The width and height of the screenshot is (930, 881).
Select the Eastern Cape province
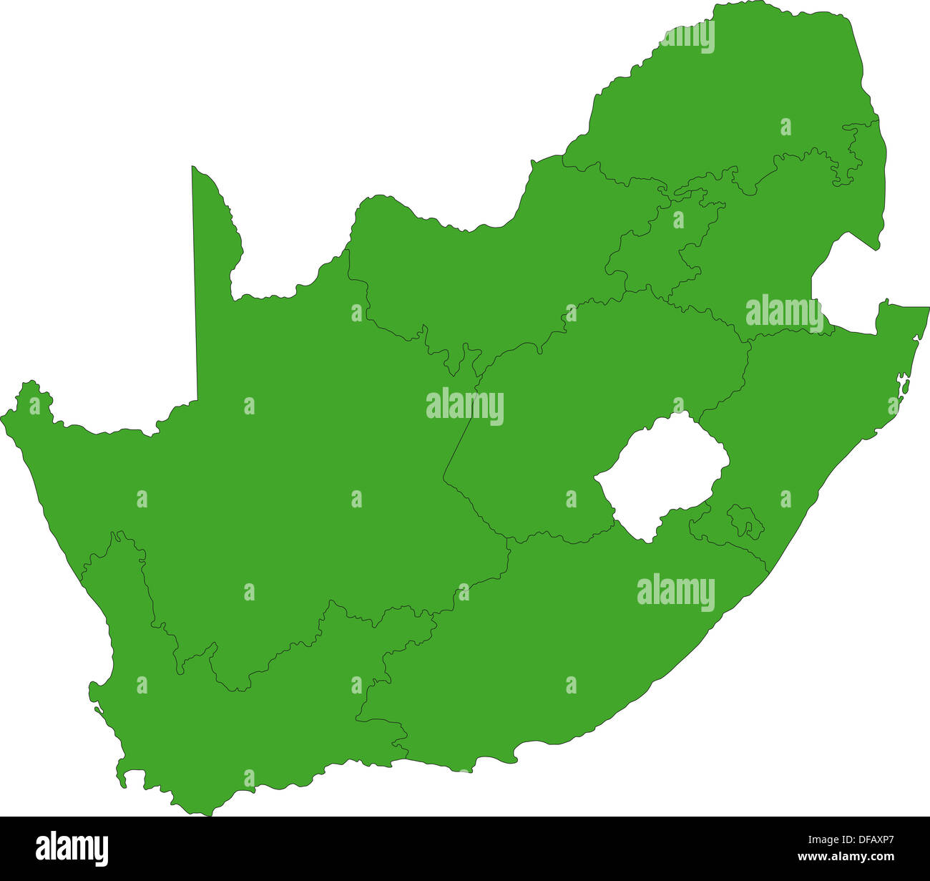click(572, 644)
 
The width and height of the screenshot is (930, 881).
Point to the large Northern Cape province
click(286, 465)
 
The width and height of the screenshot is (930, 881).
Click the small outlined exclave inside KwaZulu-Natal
click(745, 522)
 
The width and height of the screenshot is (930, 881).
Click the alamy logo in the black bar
click(72, 848)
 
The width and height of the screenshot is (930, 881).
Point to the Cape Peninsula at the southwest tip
click(122, 777)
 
